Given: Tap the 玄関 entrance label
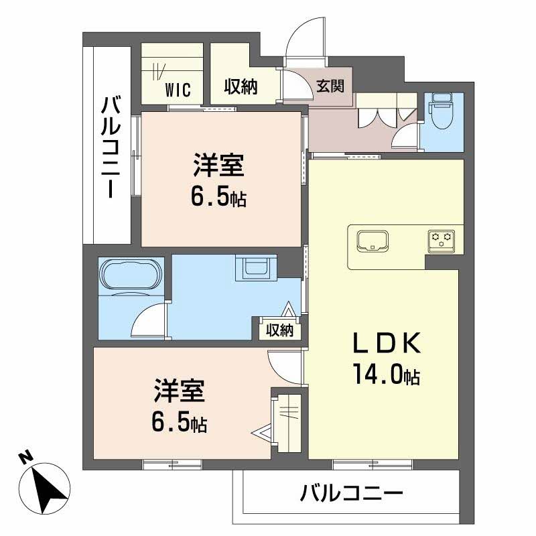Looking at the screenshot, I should point(330,86).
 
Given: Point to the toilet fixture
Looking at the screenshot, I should point(442,111).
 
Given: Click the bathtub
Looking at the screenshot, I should point(130,276).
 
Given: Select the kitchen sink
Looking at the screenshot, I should point(373,241).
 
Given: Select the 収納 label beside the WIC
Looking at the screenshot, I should point(241,88).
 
